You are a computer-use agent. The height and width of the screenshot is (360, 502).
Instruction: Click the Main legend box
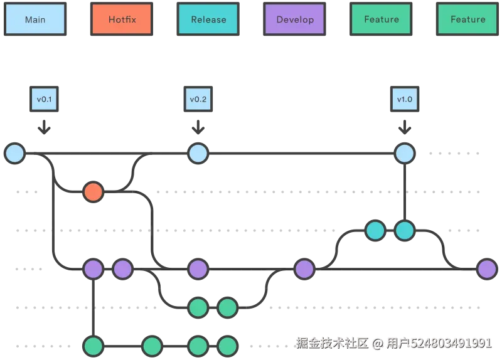[x=35, y=19]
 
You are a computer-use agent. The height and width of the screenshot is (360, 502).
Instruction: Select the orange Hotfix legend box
[x=122, y=19]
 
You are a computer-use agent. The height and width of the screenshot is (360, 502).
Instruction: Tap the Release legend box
[x=208, y=19]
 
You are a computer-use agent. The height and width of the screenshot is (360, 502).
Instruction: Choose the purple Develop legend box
[x=295, y=19]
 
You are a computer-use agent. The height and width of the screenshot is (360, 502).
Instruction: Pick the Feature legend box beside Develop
[x=382, y=19]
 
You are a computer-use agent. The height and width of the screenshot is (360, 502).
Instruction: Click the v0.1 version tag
[x=43, y=99]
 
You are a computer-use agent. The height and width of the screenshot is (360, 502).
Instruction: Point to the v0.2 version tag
[x=198, y=99]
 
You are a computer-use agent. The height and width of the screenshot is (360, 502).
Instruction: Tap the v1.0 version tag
[x=405, y=99]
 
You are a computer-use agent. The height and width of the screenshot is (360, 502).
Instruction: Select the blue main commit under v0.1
[x=14, y=153]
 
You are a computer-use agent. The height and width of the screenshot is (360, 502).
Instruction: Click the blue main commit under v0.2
[x=198, y=153]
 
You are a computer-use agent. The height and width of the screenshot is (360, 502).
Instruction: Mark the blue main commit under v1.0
[x=405, y=153]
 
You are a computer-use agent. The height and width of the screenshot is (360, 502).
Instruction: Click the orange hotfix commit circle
[x=93, y=192]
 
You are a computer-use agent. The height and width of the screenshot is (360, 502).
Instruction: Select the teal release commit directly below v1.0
[x=405, y=231]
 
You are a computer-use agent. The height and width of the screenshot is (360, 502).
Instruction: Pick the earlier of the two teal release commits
[x=375, y=231]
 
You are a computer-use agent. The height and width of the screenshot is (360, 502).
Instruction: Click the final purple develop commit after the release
[x=487, y=269]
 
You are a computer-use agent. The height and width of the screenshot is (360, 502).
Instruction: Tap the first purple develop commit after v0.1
[x=93, y=269]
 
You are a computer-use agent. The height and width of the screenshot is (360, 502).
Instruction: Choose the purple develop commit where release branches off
[x=304, y=269]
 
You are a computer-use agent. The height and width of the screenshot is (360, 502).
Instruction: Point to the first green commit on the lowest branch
[x=93, y=346]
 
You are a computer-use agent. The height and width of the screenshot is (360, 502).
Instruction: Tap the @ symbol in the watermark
[x=377, y=343]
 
